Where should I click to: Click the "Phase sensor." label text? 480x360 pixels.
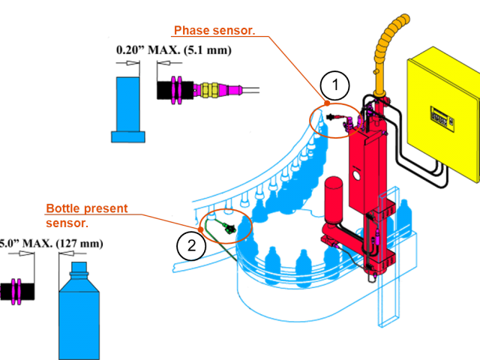214,31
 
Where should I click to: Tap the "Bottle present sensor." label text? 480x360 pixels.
86,214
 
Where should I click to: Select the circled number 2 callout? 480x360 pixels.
191,245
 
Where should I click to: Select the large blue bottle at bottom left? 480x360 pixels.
79,315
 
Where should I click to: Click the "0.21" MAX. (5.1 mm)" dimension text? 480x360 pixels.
173,50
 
